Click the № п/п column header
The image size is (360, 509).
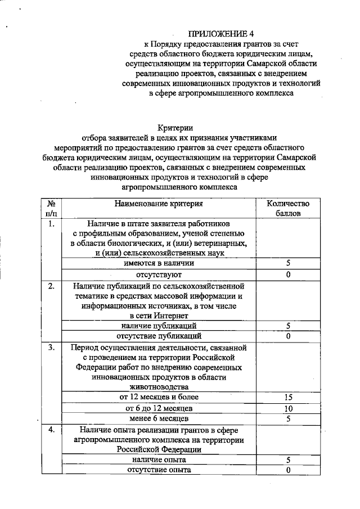click(x=51, y=208)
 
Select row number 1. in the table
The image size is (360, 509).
click(x=51, y=224)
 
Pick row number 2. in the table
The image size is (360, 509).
click(x=51, y=286)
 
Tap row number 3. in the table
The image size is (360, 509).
click(x=51, y=347)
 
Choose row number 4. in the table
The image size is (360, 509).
click(x=51, y=430)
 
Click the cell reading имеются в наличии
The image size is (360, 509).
click(x=159, y=263)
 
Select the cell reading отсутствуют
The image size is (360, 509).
click(x=159, y=274)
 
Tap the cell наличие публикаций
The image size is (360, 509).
click(x=159, y=326)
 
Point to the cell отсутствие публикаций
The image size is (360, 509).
click(x=159, y=336)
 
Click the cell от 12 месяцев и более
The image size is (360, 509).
click(x=159, y=397)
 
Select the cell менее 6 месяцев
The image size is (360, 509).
click(x=159, y=418)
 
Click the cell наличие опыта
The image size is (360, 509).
click(x=159, y=460)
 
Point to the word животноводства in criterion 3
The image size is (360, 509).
click(x=159, y=386)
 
